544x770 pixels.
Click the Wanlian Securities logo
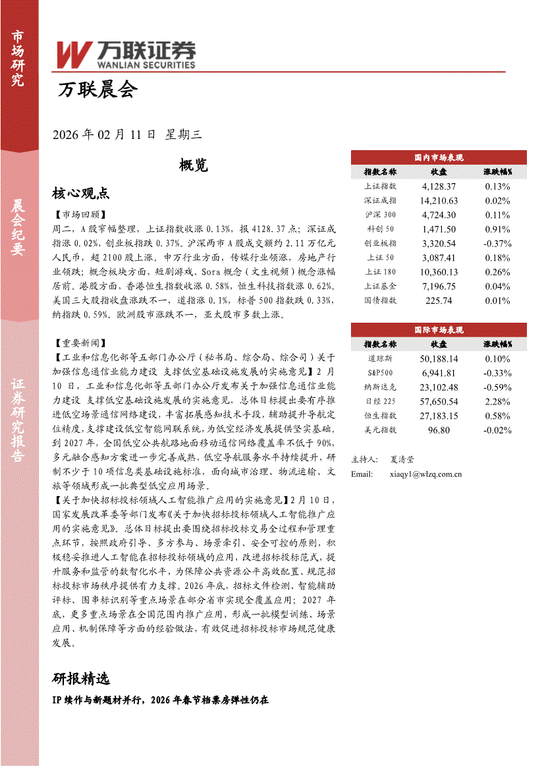[125, 54]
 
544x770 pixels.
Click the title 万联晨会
[97, 89]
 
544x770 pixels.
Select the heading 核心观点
[80, 193]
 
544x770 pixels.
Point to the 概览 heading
[193, 165]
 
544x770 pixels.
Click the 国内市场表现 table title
[439, 157]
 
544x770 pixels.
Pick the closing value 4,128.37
[439, 186]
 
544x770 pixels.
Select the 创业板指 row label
[381, 243]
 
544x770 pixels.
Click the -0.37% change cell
[497, 243]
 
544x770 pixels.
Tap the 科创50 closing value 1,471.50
[439, 229]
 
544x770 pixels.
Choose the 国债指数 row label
[381, 300]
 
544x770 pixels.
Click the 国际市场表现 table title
[439, 330]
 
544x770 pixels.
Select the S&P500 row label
[381, 373]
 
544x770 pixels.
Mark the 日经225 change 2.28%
[497, 401]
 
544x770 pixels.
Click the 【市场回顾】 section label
[77, 215]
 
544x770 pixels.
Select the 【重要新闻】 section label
[77, 343]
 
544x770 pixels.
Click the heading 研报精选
[80, 678]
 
